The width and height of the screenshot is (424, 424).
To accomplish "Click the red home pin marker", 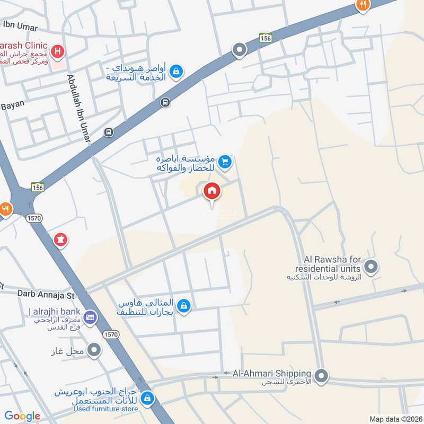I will click(211, 191).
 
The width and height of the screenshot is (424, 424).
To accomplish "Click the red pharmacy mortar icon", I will click(60, 240).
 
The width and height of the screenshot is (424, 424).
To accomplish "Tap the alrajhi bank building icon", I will click(90, 317).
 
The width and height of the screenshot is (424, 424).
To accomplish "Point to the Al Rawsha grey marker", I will click(371, 267).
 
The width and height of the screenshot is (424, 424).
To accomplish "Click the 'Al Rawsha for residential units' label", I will click(332, 263).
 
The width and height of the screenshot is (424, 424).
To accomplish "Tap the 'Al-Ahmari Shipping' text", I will click(270, 373).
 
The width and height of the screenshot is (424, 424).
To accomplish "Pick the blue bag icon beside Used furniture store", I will click(149, 397).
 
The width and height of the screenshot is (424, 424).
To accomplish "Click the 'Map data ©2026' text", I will click(395, 419).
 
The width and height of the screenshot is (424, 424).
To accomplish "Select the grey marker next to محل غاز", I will click(94, 349).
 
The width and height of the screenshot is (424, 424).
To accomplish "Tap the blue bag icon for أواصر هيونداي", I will click(176, 70).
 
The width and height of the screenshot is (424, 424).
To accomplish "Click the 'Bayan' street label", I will click(13, 104).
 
